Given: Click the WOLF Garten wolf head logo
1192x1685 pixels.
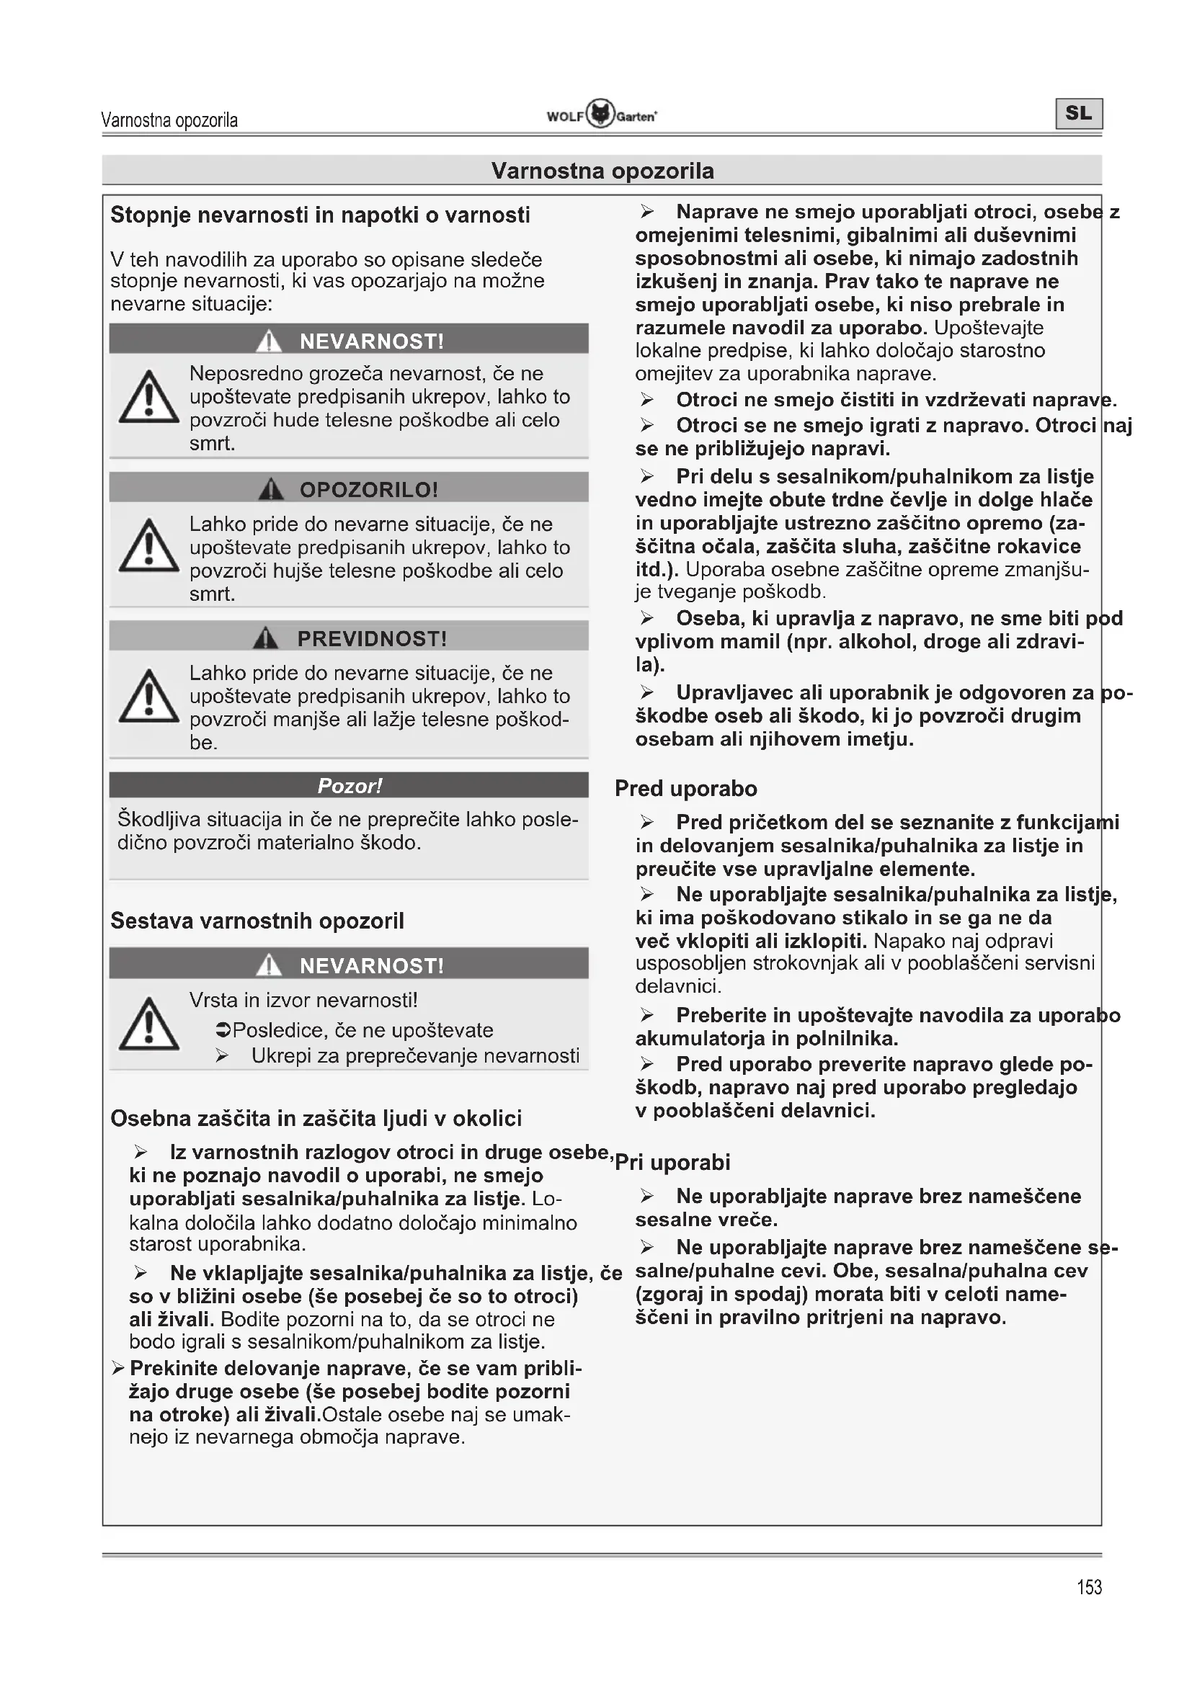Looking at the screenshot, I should (x=600, y=115).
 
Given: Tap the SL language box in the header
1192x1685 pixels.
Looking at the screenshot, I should (x=1078, y=114).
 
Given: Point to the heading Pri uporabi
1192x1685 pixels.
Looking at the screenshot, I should (x=672, y=1163).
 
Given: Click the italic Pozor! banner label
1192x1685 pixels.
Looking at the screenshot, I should (x=350, y=786).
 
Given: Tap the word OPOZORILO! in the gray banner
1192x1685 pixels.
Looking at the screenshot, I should (x=368, y=489).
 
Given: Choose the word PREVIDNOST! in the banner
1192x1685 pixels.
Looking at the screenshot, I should (x=372, y=638).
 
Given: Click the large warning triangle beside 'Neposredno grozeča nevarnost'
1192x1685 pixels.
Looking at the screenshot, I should (x=149, y=398).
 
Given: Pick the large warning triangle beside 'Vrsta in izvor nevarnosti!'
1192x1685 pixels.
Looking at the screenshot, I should (x=149, y=1024).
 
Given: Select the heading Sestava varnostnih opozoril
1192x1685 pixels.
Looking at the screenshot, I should (x=257, y=921).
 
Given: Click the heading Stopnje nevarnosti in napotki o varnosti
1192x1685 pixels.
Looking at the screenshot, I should (x=320, y=215).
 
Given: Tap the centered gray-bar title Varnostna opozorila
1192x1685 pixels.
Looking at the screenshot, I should (x=602, y=171).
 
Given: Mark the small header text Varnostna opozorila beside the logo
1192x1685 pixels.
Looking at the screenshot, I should (x=169, y=120).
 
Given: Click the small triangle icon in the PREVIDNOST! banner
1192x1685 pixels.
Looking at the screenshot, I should (x=266, y=638).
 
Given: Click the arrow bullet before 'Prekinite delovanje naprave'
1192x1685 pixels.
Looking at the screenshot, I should (x=118, y=1368).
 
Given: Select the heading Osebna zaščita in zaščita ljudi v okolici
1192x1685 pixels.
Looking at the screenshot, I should (x=316, y=1119).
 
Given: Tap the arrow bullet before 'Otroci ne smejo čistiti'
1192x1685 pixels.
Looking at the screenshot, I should (x=646, y=400).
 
